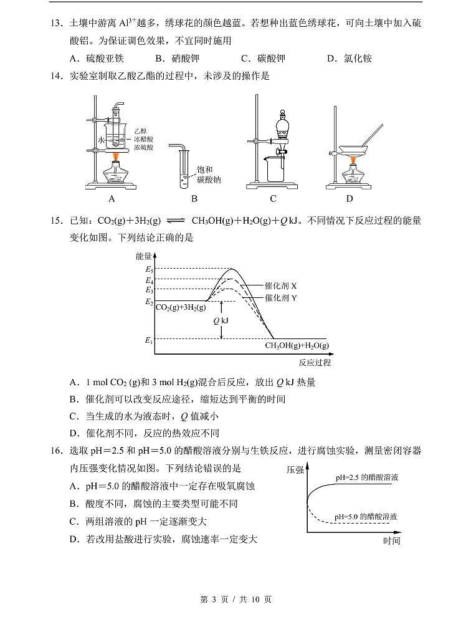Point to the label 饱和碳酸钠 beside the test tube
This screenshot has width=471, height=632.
(208, 175)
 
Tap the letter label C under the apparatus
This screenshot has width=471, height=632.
(273, 199)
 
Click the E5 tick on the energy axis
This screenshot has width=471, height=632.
(150, 269)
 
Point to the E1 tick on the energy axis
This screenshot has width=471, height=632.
(150, 340)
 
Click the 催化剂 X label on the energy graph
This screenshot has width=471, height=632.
(280, 285)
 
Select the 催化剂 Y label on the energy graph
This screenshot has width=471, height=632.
(280, 298)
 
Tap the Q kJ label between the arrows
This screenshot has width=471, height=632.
(221, 320)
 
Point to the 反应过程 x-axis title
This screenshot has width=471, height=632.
(314, 362)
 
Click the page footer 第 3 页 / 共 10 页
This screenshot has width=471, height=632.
(235, 600)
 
